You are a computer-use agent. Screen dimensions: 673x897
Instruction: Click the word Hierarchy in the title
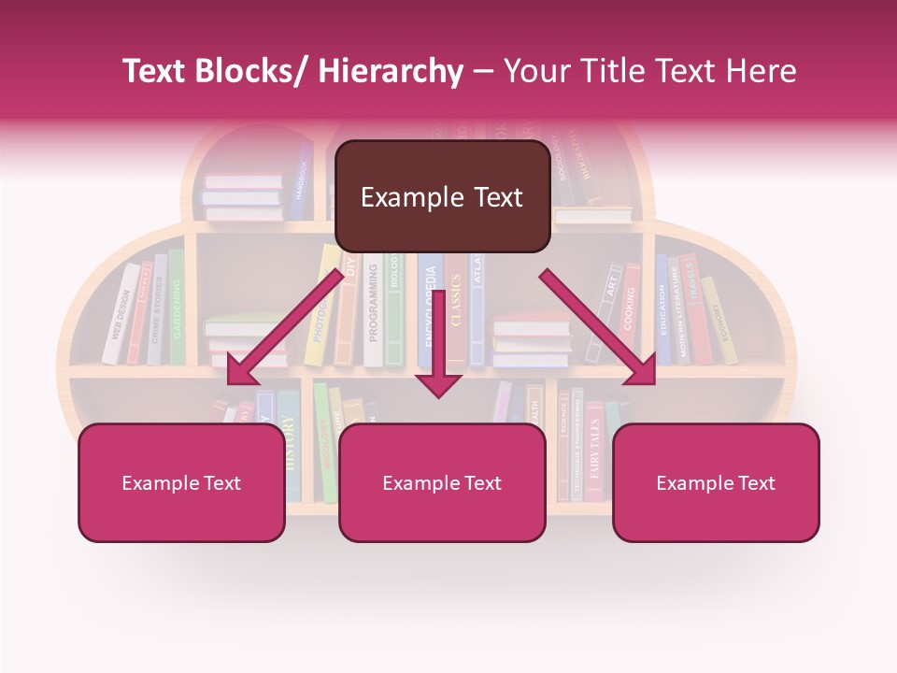pyautogui.click(x=391, y=71)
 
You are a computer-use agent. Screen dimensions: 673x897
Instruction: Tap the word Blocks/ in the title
pyautogui.click(x=254, y=71)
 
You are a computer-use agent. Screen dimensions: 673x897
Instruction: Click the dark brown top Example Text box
pyautogui.click(x=442, y=196)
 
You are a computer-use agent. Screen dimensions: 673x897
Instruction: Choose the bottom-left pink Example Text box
pyautogui.click(x=181, y=482)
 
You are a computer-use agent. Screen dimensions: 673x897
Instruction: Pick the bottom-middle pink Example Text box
pyautogui.click(x=442, y=482)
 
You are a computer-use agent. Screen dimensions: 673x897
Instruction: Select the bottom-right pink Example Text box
pyautogui.click(x=716, y=482)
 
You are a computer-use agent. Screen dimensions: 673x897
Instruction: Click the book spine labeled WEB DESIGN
pyautogui.click(x=119, y=314)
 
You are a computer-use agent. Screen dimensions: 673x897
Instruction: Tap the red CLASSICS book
pyautogui.click(x=456, y=313)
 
